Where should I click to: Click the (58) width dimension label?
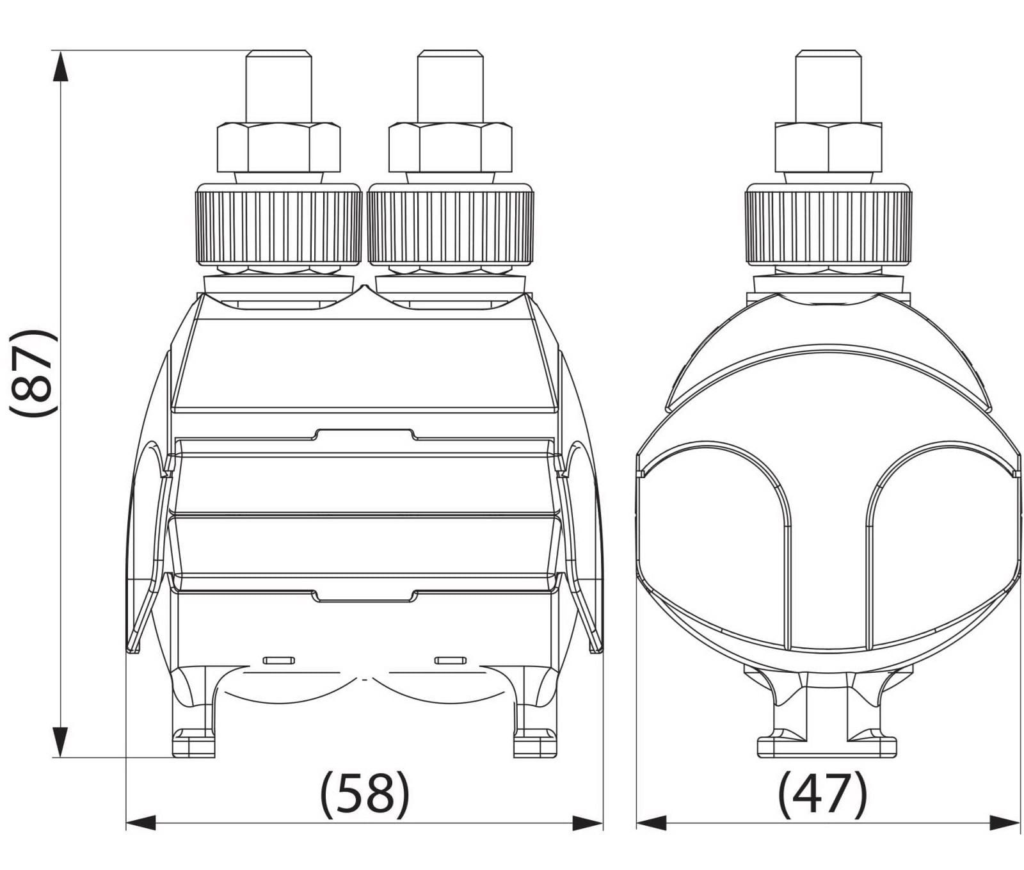[x=364, y=794]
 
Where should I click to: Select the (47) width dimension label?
[x=822, y=794]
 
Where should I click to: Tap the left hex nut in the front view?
[x=278, y=147]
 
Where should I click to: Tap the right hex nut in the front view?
[x=450, y=147]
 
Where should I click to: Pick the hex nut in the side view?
[x=829, y=147]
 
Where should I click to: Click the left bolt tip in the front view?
[x=278, y=86]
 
